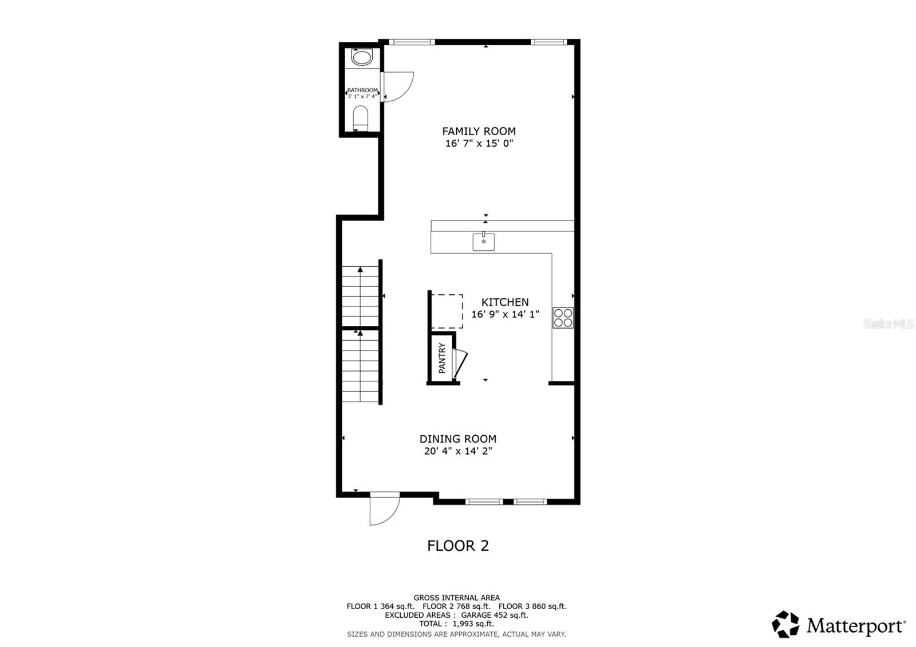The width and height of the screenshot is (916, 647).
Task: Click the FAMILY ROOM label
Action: [479, 131]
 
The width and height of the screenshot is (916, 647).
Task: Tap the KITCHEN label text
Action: [505, 302]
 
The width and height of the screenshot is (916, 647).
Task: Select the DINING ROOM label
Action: [458, 439]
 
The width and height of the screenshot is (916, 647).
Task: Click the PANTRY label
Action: [442, 358]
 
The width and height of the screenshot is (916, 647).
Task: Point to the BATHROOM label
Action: [362, 90]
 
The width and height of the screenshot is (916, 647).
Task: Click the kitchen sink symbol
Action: [484, 242]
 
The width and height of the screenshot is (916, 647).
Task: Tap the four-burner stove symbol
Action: [563, 318]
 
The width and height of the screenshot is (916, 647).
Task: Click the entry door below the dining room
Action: [384, 510]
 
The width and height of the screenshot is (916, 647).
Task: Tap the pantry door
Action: [460, 362]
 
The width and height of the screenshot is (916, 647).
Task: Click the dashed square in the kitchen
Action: [447, 311]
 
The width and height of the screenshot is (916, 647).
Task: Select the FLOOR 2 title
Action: [458, 546]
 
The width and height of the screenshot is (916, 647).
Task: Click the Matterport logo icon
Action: [785, 624]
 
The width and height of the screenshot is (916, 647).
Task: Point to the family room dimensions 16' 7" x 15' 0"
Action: [479, 144]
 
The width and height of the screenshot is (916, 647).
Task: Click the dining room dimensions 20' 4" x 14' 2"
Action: [458, 451]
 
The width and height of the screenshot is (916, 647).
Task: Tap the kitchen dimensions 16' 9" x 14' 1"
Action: [505, 314]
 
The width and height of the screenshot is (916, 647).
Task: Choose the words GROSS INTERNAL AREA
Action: [456, 598]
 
